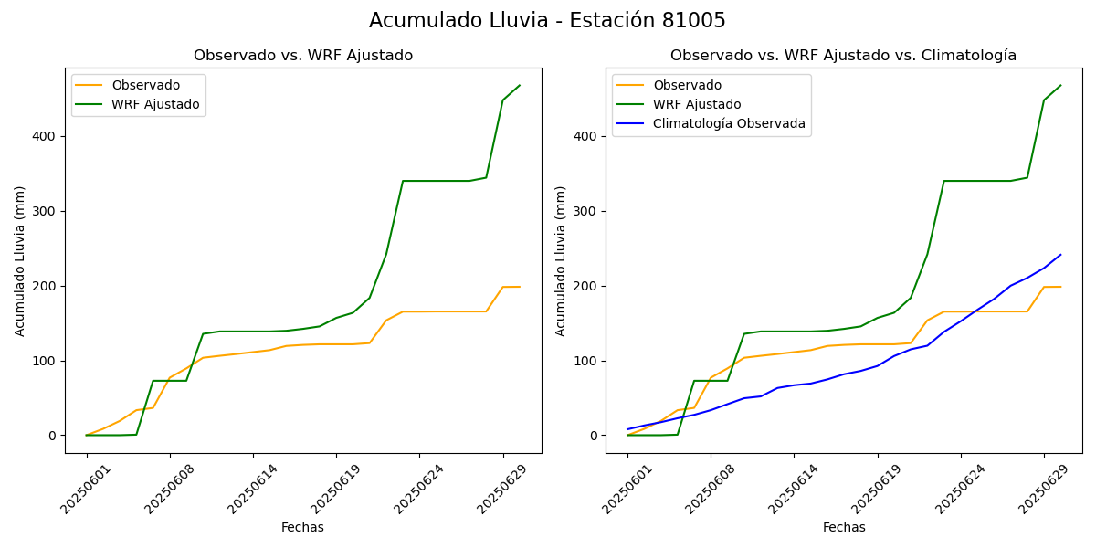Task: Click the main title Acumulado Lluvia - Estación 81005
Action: click(x=547, y=21)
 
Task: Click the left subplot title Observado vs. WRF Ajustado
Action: click(x=303, y=56)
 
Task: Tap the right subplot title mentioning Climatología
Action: click(x=843, y=56)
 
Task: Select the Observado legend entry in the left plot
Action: click(x=145, y=85)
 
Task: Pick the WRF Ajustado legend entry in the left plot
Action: click(x=155, y=104)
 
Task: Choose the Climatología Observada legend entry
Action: click(x=729, y=123)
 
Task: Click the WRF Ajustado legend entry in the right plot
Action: click(x=696, y=104)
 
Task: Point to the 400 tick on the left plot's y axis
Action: click(x=46, y=136)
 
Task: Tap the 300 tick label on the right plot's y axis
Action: click(x=586, y=211)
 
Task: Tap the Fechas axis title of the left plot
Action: click(x=302, y=527)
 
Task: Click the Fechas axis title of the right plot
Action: click(x=844, y=527)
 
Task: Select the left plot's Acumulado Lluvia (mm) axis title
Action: click(x=20, y=260)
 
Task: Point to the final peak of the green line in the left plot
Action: click(x=520, y=86)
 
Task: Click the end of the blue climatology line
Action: click(x=1060, y=255)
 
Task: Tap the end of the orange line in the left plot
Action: click(x=520, y=287)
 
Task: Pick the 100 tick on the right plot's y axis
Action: click(x=586, y=361)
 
